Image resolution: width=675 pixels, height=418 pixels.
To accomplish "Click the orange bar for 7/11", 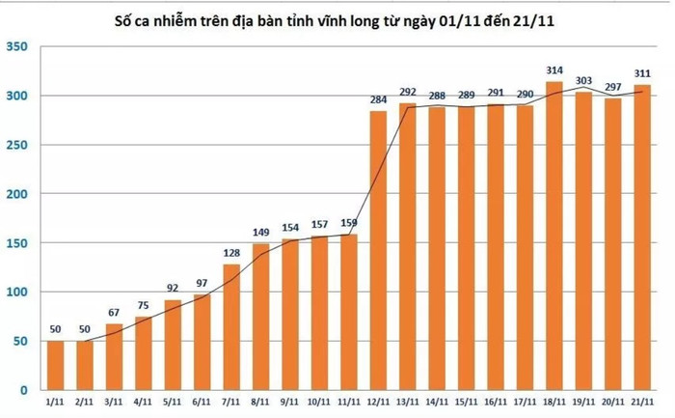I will pos(232,327).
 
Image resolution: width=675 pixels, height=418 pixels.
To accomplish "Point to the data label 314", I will pos(555,71).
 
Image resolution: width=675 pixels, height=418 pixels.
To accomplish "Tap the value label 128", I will pos(232,254).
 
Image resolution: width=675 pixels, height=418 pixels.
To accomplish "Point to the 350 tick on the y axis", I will pos(17,47).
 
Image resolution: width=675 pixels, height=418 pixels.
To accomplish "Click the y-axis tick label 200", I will pos(17,194).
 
